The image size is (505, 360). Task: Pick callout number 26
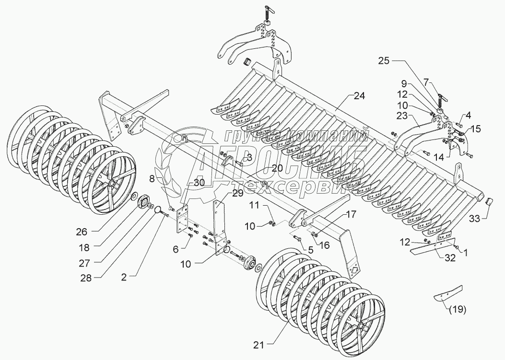82,231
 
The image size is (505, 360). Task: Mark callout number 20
277,168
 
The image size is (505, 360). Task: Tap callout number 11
253,205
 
